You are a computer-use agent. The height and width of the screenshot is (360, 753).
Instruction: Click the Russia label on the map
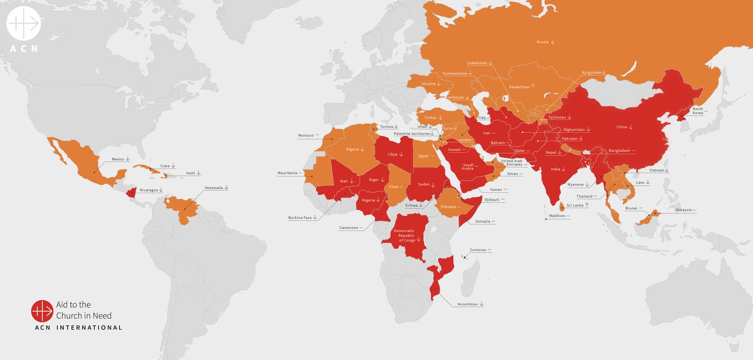point(542,42)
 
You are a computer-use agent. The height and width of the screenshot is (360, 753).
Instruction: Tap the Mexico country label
point(117,159)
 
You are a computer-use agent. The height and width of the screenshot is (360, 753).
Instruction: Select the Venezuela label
point(214,188)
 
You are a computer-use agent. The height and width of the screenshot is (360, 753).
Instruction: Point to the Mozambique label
point(468,304)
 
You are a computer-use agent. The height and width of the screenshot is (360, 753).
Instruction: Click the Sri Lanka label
point(575,205)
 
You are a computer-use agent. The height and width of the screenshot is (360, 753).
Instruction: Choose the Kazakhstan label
point(520,87)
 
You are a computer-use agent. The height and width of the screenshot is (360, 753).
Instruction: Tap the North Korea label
point(698,111)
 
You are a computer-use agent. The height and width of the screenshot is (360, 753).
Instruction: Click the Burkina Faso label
point(300,218)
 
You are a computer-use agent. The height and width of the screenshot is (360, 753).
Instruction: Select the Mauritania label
point(287,173)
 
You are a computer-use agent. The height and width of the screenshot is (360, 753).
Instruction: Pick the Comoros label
point(477,250)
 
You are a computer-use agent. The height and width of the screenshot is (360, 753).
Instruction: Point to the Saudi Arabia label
point(467,166)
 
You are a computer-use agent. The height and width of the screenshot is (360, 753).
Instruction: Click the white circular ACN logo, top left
point(24,24)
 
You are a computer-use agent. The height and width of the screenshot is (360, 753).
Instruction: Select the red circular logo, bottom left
point(42,311)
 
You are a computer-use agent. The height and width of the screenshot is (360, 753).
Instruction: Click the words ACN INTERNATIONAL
point(78,328)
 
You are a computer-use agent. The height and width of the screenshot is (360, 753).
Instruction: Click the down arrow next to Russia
point(553,42)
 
